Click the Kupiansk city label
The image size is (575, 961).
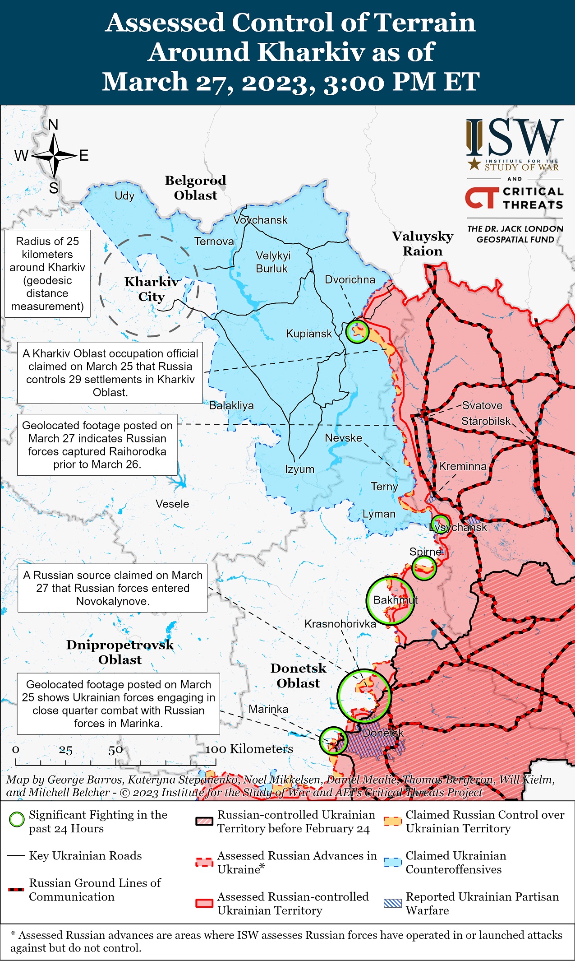(308, 334)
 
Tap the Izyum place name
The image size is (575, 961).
(299, 469)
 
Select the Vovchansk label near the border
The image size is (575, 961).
(260, 220)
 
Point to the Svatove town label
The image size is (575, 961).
(482, 405)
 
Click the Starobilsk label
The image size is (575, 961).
(486, 421)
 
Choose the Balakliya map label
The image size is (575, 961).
(231, 405)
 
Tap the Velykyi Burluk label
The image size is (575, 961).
(273, 262)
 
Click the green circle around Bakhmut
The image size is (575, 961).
(390, 600)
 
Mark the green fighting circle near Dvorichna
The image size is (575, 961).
(357, 332)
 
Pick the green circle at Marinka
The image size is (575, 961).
(333, 741)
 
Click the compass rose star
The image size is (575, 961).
(54, 156)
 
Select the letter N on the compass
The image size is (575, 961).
(53, 125)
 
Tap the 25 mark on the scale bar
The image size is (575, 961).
(66, 750)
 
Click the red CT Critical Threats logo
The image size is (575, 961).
(482, 198)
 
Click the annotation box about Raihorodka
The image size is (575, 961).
(97, 445)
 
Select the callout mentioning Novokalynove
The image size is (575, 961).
(112, 588)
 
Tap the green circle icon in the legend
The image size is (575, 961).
(17, 819)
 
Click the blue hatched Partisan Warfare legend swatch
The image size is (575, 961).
(392, 903)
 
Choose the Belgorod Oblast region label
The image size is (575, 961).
(195, 188)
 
